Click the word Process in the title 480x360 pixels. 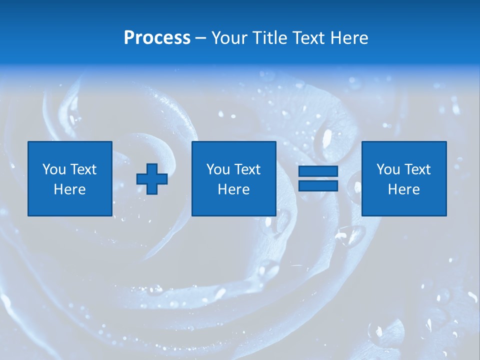point(157,38)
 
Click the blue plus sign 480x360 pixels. point(152,178)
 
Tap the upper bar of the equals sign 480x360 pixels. point(318,171)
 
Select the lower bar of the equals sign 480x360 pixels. point(318,185)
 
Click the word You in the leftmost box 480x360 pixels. point(54,169)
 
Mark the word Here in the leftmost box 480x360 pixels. point(69,189)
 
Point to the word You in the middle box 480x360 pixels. point(218,169)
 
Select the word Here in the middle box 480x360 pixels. point(233,189)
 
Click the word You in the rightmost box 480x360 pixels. point(388,169)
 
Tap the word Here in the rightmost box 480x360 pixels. point(403,189)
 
